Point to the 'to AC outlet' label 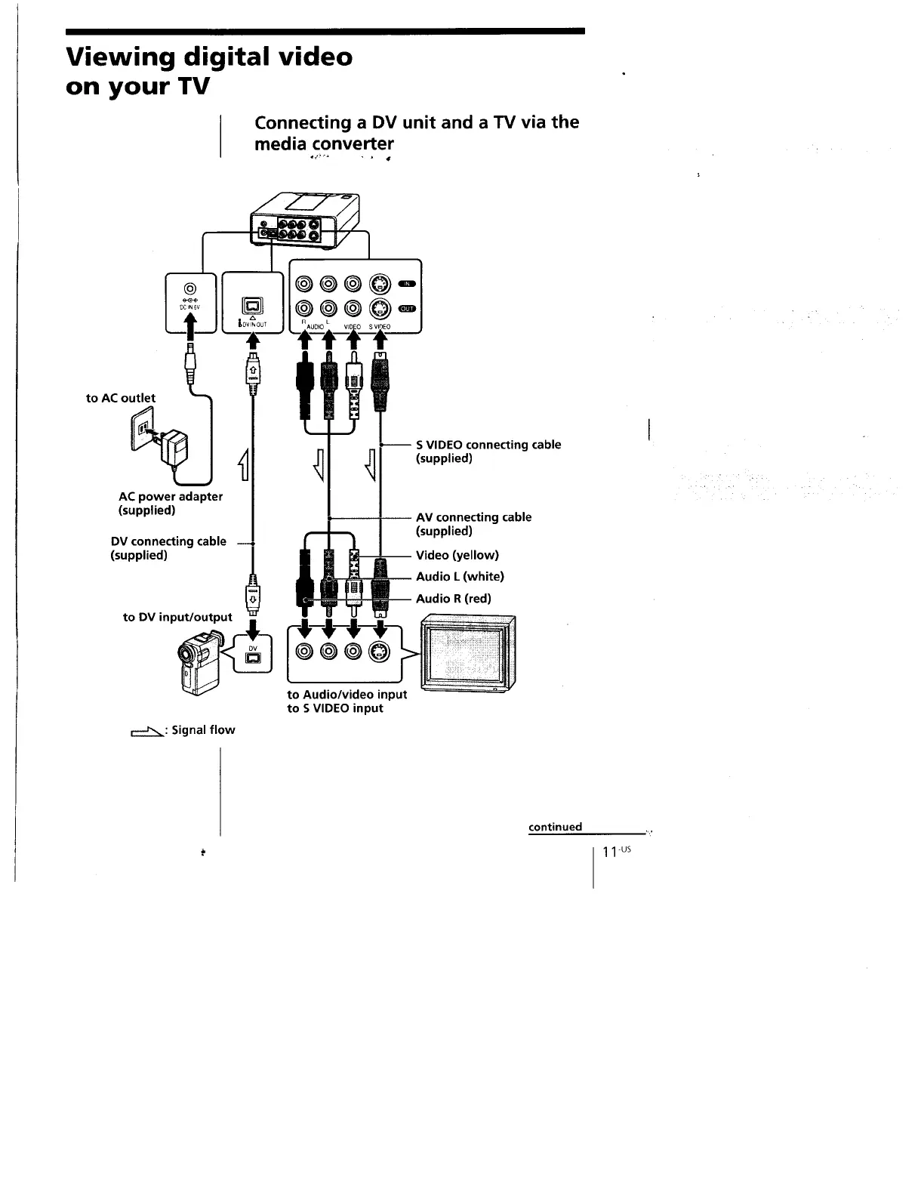121,398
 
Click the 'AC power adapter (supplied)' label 171,503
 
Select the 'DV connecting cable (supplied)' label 168,548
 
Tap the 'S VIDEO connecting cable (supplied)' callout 488,452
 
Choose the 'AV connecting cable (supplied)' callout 473,524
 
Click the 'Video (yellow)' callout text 457,555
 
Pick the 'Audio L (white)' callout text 460,577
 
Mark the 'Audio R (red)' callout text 454,599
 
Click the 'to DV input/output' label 177,617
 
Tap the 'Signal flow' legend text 203,730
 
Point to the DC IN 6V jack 190,288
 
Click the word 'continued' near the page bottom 555,827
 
